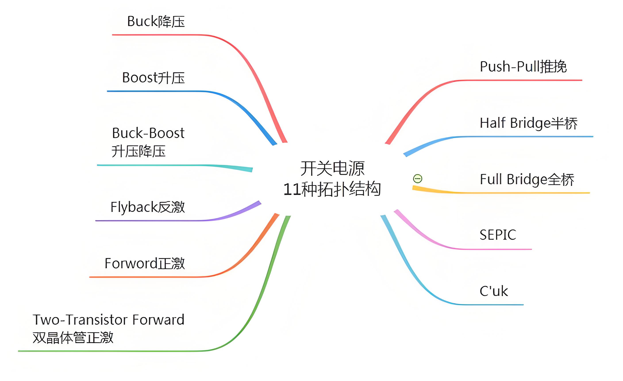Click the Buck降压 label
[x=156, y=21]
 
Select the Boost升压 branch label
[x=153, y=78]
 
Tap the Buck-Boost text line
[x=148, y=133]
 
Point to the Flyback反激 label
[x=147, y=207]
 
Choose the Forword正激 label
[x=145, y=264]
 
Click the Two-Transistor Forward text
[x=108, y=320]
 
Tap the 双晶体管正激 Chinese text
[x=73, y=338]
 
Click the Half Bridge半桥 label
[x=529, y=123]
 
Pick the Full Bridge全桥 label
[x=527, y=179]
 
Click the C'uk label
[x=494, y=291]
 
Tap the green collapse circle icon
[x=417, y=179]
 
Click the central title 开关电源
[x=332, y=169]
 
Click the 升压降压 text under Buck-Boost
[x=138, y=151]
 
